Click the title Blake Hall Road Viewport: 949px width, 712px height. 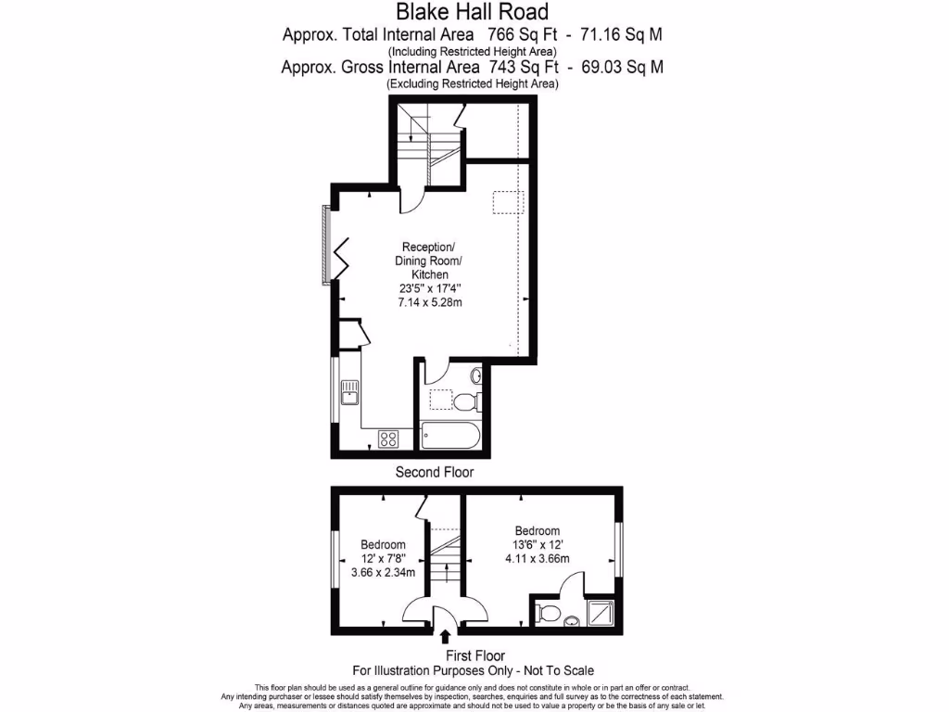point(473,12)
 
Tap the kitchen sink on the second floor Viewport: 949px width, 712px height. point(349,393)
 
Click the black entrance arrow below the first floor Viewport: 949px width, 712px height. point(446,637)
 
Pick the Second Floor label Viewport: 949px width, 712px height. point(435,473)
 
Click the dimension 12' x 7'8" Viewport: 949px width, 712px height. point(383,558)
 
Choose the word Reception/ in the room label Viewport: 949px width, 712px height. point(427,247)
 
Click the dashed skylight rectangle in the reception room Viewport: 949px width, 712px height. point(508,202)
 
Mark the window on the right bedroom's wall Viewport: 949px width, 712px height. point(619,552)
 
